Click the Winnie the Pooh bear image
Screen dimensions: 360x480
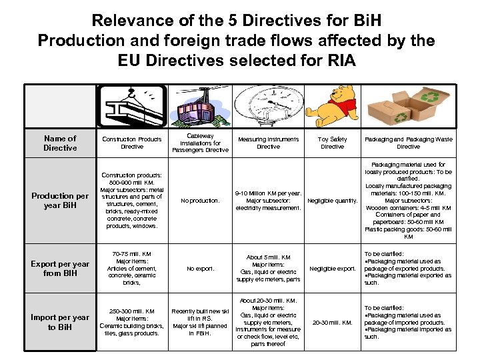point(333,107)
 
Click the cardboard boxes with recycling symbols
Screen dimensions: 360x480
point(408,107)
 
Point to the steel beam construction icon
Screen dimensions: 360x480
point(131,107)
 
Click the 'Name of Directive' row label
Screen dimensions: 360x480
point(60,143)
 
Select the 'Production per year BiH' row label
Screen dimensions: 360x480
point(60,200)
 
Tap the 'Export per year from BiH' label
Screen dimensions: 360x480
point(60,269)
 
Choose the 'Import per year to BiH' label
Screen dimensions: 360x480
point(60,322)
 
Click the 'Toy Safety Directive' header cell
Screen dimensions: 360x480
point(333,143)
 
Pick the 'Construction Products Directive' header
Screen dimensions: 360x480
point(131,143)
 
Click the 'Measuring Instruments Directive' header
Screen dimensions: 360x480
point(268,143)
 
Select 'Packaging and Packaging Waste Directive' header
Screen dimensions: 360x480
point(408,143)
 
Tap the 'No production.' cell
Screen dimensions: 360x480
point(200,200)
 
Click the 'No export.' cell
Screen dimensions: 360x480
point(200,269)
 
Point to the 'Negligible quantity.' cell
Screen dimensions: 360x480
point(333,200)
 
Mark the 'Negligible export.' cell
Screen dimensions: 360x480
point(333,269)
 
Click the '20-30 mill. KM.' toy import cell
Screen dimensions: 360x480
point(333,322)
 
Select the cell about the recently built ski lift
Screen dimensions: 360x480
point(200,322)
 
